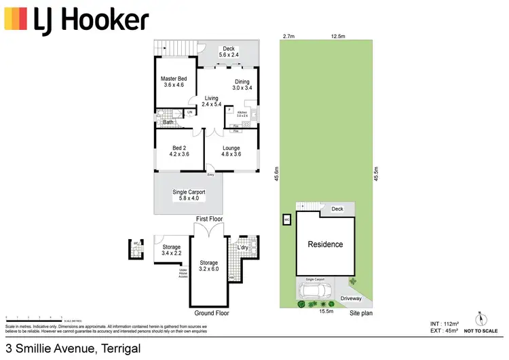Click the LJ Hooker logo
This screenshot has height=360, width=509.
click(76, 21)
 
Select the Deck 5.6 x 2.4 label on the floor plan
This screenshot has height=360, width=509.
click(229, 52)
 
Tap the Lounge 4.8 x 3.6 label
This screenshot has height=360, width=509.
click(231, 150)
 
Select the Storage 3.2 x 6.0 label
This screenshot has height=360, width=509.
click(208, 266)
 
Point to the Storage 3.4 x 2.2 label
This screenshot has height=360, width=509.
click(171, 251)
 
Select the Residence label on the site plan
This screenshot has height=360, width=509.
click(325, 245)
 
